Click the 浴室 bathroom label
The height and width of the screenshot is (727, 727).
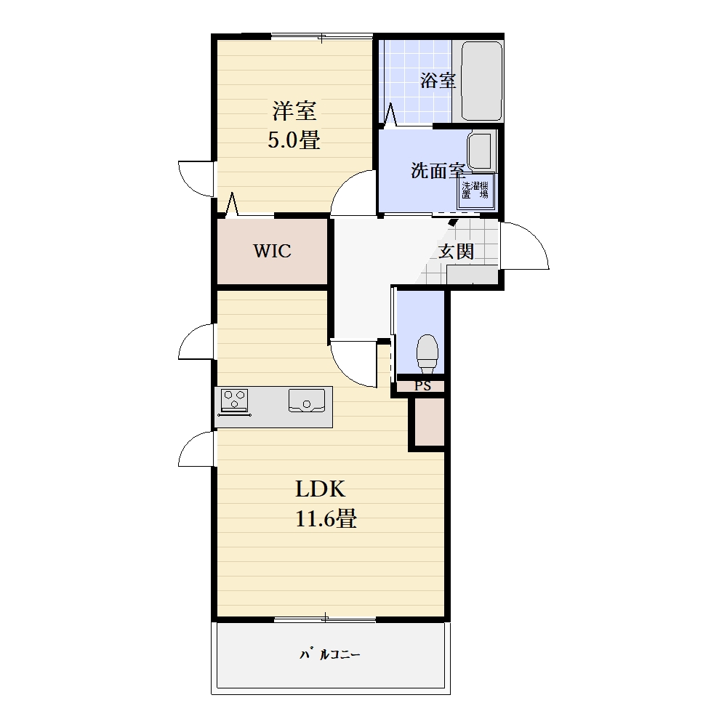coord(438,81)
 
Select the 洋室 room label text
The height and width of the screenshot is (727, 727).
coord(294,111)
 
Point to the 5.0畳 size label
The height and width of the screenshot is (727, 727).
coord(294,140)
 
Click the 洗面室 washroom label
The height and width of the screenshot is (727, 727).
coord(438,171)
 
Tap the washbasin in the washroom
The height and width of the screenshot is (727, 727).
coord(481,150)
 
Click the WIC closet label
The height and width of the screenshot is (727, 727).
coord(272,251)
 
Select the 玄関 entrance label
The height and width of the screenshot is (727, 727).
coord(457,252)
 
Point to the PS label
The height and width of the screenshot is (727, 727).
coord(422,386)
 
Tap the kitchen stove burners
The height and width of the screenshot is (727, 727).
coord(235,400)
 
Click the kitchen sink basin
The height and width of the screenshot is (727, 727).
coord(307,400)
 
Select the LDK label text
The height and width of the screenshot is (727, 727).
coord(321,489)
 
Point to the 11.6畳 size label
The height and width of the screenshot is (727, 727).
coord(326,518)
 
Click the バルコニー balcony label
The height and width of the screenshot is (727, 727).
coord(329,655)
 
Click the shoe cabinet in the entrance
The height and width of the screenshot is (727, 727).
coord(472,275)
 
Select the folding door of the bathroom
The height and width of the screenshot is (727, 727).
coord(391,115)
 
